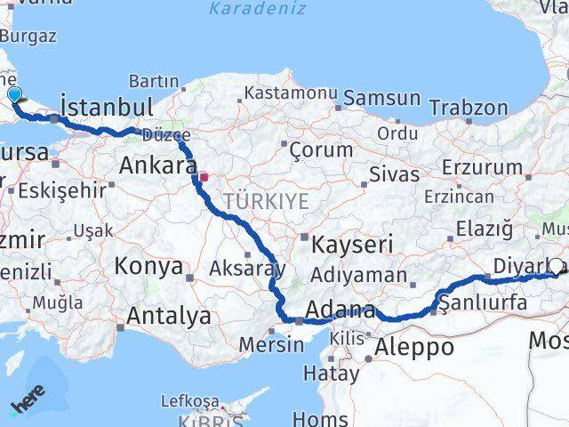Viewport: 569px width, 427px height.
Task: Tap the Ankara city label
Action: click(x=157, y=165)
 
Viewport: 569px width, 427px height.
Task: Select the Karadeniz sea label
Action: click(x=258, y=9)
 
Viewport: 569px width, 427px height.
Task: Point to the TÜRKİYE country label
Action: click(x=267, y=202)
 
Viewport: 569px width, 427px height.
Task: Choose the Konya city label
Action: click(x=148, y=265)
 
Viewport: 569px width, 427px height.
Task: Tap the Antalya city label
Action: click(x=168, y=315)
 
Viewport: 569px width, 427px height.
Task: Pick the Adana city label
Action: click(x=340, y=310)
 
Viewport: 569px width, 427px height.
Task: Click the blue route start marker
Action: click(x=14, y=94)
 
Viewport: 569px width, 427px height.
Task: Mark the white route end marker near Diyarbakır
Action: click(x=557, y=265)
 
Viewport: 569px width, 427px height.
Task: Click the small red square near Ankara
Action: click(x=204, y=176)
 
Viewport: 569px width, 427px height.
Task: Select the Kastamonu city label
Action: click(x=291, y=93)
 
